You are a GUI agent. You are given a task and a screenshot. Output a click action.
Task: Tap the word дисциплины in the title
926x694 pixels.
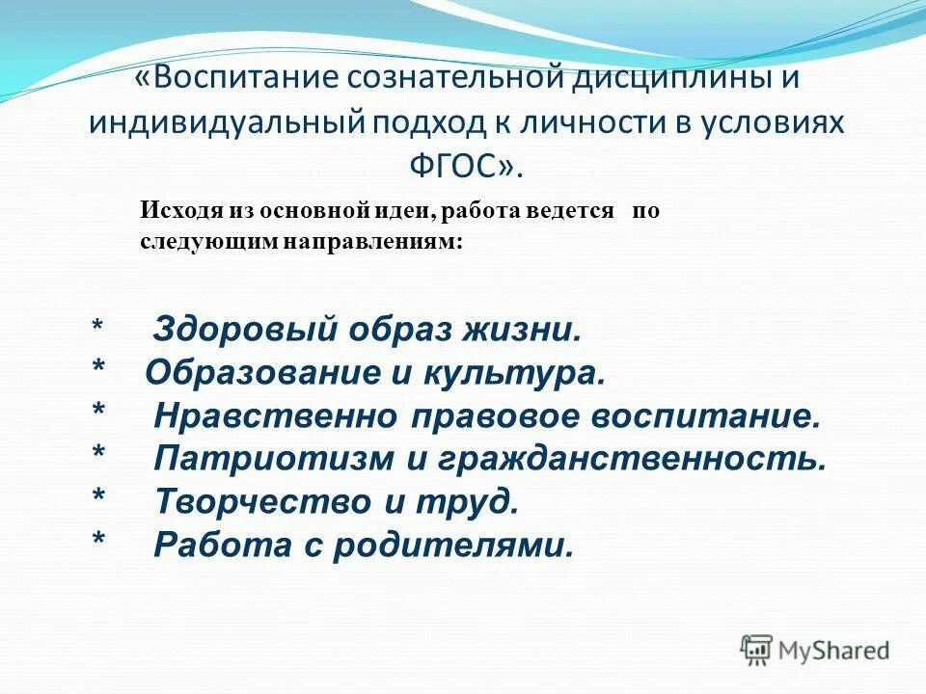click(665, 79)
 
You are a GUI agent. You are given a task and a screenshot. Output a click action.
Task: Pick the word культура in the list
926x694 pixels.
click(529, 374)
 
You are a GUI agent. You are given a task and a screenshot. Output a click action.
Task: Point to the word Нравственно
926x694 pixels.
click(276, 417)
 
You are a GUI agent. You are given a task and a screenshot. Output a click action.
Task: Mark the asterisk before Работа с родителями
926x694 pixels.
click(97, 542)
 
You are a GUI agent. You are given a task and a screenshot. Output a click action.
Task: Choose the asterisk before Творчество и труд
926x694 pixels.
click(97, 499)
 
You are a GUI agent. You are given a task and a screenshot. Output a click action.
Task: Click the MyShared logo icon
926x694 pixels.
click(756, 650)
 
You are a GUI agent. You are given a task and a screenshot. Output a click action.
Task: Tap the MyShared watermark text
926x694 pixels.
click(834, 651)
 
